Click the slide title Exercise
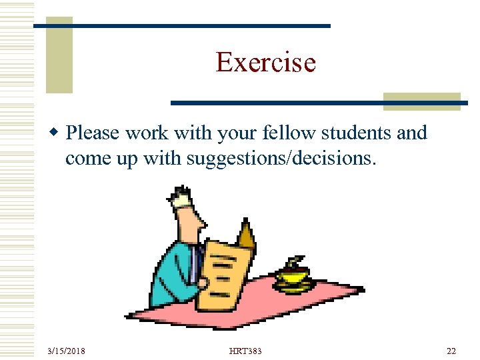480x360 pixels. tap(265, 63)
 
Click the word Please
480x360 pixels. tap(93, 133)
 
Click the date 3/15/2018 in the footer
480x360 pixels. tap(66, 351)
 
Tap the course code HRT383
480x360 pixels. tap(245, 351)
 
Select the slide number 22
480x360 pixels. tap(451, 351)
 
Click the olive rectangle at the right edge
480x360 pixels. tap(421, 101)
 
